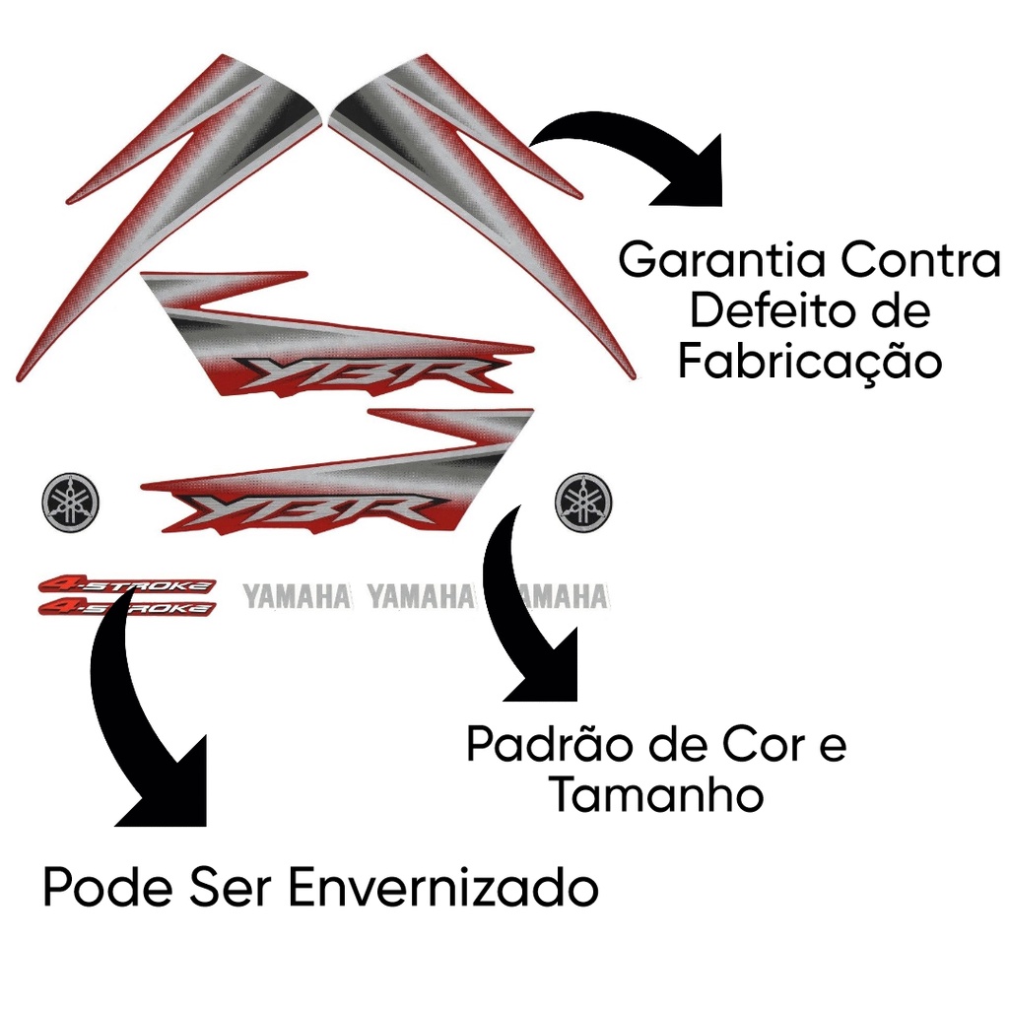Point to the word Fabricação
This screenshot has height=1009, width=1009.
point(809,363)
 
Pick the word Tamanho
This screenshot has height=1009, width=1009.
point(656,795)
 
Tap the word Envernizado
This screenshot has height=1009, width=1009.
point(443,890)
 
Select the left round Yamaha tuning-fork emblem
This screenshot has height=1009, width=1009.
point(70,502)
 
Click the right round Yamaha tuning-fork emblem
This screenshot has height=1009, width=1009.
point(583,502)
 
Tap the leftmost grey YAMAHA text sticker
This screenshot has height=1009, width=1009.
point(296,596)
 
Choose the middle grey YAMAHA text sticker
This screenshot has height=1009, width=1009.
point(421,596)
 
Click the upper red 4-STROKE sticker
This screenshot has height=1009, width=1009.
point(126,586)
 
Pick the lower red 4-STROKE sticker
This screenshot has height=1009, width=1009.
point(126,608)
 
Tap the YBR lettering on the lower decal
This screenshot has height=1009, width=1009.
point(307,510)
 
